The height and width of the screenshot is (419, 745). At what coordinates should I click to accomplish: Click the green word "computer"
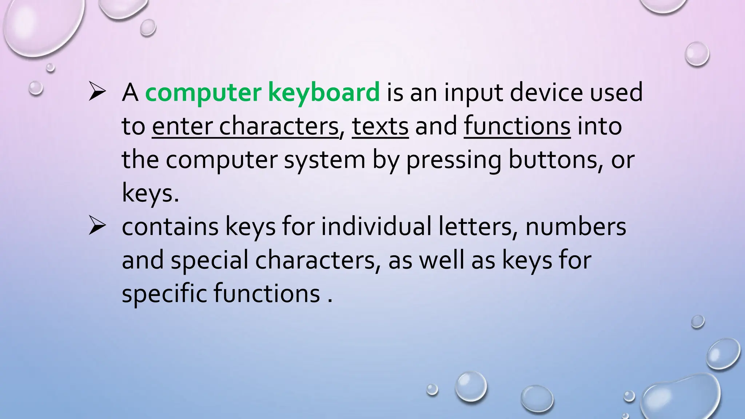pyautogui.click(x=203, y=93)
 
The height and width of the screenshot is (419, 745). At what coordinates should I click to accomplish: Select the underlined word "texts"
pyautogui.click(x=380, y=126)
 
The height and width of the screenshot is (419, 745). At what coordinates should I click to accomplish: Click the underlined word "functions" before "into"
pyautogui.click(x=517, y=126)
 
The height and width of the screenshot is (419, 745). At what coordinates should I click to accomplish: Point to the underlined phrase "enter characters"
pyautogui.click(x=245, y=126)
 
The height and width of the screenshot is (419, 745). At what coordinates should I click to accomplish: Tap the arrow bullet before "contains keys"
pyautogui.click(x=97, y=227)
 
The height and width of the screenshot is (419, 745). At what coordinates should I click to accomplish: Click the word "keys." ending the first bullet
pyautogui.click(x=150, y=193)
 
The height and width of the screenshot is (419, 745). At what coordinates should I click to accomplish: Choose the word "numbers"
pyautogui.click(x=576, y=227)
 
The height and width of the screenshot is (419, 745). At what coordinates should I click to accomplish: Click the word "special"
pyautogui.click(x=209, y=260)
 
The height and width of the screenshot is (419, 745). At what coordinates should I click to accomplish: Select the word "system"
pyautogui.click(x=324, y=160)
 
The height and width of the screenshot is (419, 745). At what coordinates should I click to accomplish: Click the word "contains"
pyautogui.click(x=170, y=227)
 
